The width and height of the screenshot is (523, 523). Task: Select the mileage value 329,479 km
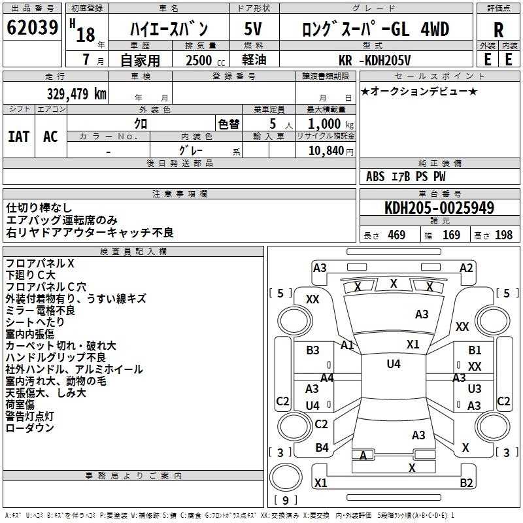(x=77, y=93)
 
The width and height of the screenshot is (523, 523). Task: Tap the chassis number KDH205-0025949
(x=439, y=208)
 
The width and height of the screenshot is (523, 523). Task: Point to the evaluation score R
(x=498, y=29)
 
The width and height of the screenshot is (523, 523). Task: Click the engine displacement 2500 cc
(x=198, y=61)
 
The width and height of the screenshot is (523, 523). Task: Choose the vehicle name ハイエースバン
(x=169, y=29)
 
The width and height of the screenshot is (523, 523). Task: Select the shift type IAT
(x=18, y=136)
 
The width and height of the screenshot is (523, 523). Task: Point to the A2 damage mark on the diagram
(x=466, y=267)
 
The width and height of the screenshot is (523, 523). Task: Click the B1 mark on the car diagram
(x=475, y=350)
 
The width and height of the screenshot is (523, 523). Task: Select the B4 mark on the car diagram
(x=322, y=448)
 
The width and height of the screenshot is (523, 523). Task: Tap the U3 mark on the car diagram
(x=475, y=388)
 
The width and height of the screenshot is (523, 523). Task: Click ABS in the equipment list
(x=375, y=176)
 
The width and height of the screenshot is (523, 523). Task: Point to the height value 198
(x=503, y=235)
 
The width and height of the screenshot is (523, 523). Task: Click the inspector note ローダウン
(x=30, y=428)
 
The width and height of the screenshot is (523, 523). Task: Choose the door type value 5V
(x=254, y=29)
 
